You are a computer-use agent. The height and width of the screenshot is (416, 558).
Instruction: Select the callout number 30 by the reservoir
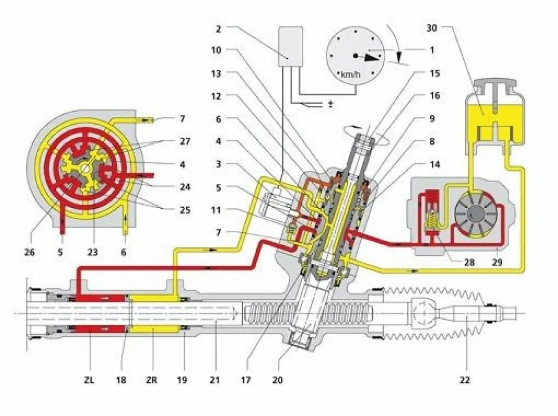click(x=432, y=27)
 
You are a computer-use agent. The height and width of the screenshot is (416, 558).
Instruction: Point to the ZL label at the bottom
click(x=89, y=380)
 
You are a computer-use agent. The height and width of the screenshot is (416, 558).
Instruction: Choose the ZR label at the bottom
click(x=152, y=380)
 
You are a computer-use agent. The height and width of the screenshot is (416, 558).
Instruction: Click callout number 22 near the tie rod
click(x=465, y=380)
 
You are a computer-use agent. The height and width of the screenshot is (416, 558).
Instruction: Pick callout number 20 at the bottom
click(x=278, y=380)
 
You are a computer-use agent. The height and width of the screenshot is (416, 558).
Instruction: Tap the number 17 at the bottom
click(x=246, y=380)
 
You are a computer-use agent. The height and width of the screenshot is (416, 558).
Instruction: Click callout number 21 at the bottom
click(x=215, y=380)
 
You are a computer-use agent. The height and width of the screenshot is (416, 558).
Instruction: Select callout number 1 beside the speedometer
click(x=432, y=50)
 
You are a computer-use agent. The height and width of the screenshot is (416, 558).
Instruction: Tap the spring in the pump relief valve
click(x=431, y=218)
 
